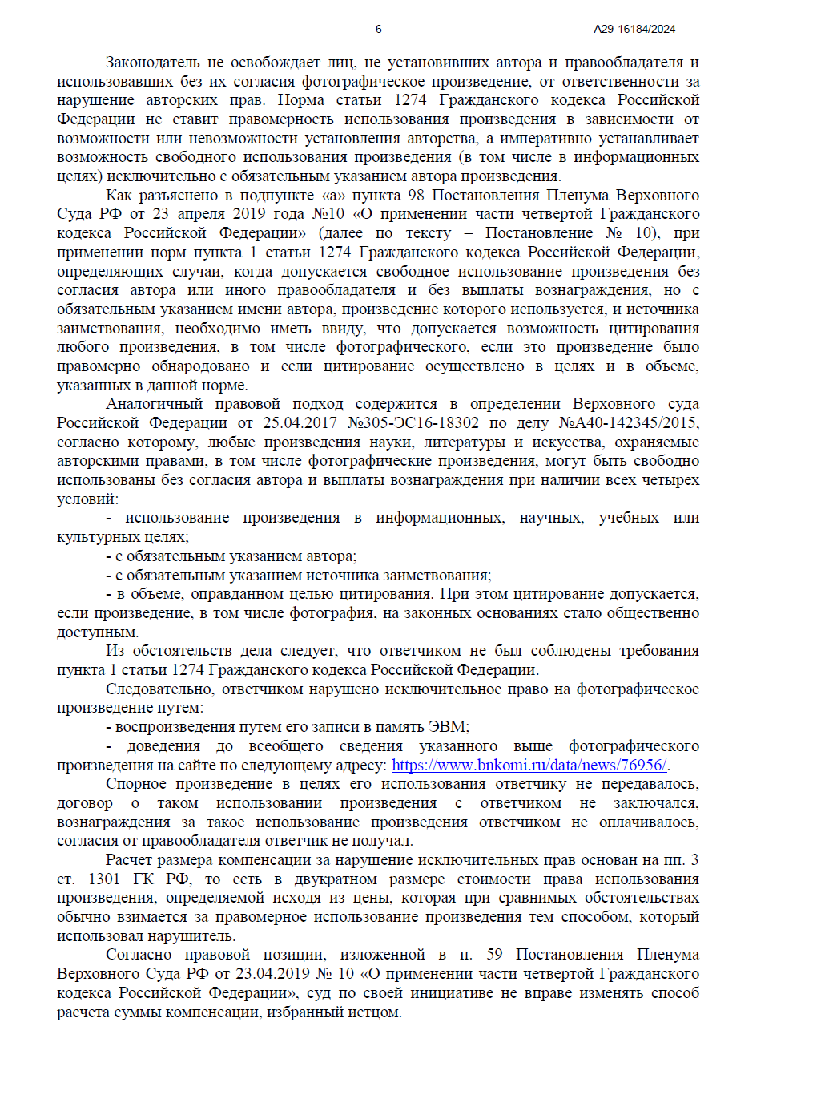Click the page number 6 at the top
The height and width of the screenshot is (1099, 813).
click(378, 29)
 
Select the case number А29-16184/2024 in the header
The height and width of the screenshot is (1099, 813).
click(634, 29)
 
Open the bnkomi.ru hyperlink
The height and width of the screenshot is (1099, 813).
click(529, 765)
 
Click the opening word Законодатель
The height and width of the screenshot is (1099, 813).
click(152, 63)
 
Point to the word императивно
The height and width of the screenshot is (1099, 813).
click(544, 139)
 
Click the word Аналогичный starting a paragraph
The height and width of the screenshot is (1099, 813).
click(154, 404)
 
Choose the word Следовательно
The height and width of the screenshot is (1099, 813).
click(159, 689)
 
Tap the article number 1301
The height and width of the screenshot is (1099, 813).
click(104, 879)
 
